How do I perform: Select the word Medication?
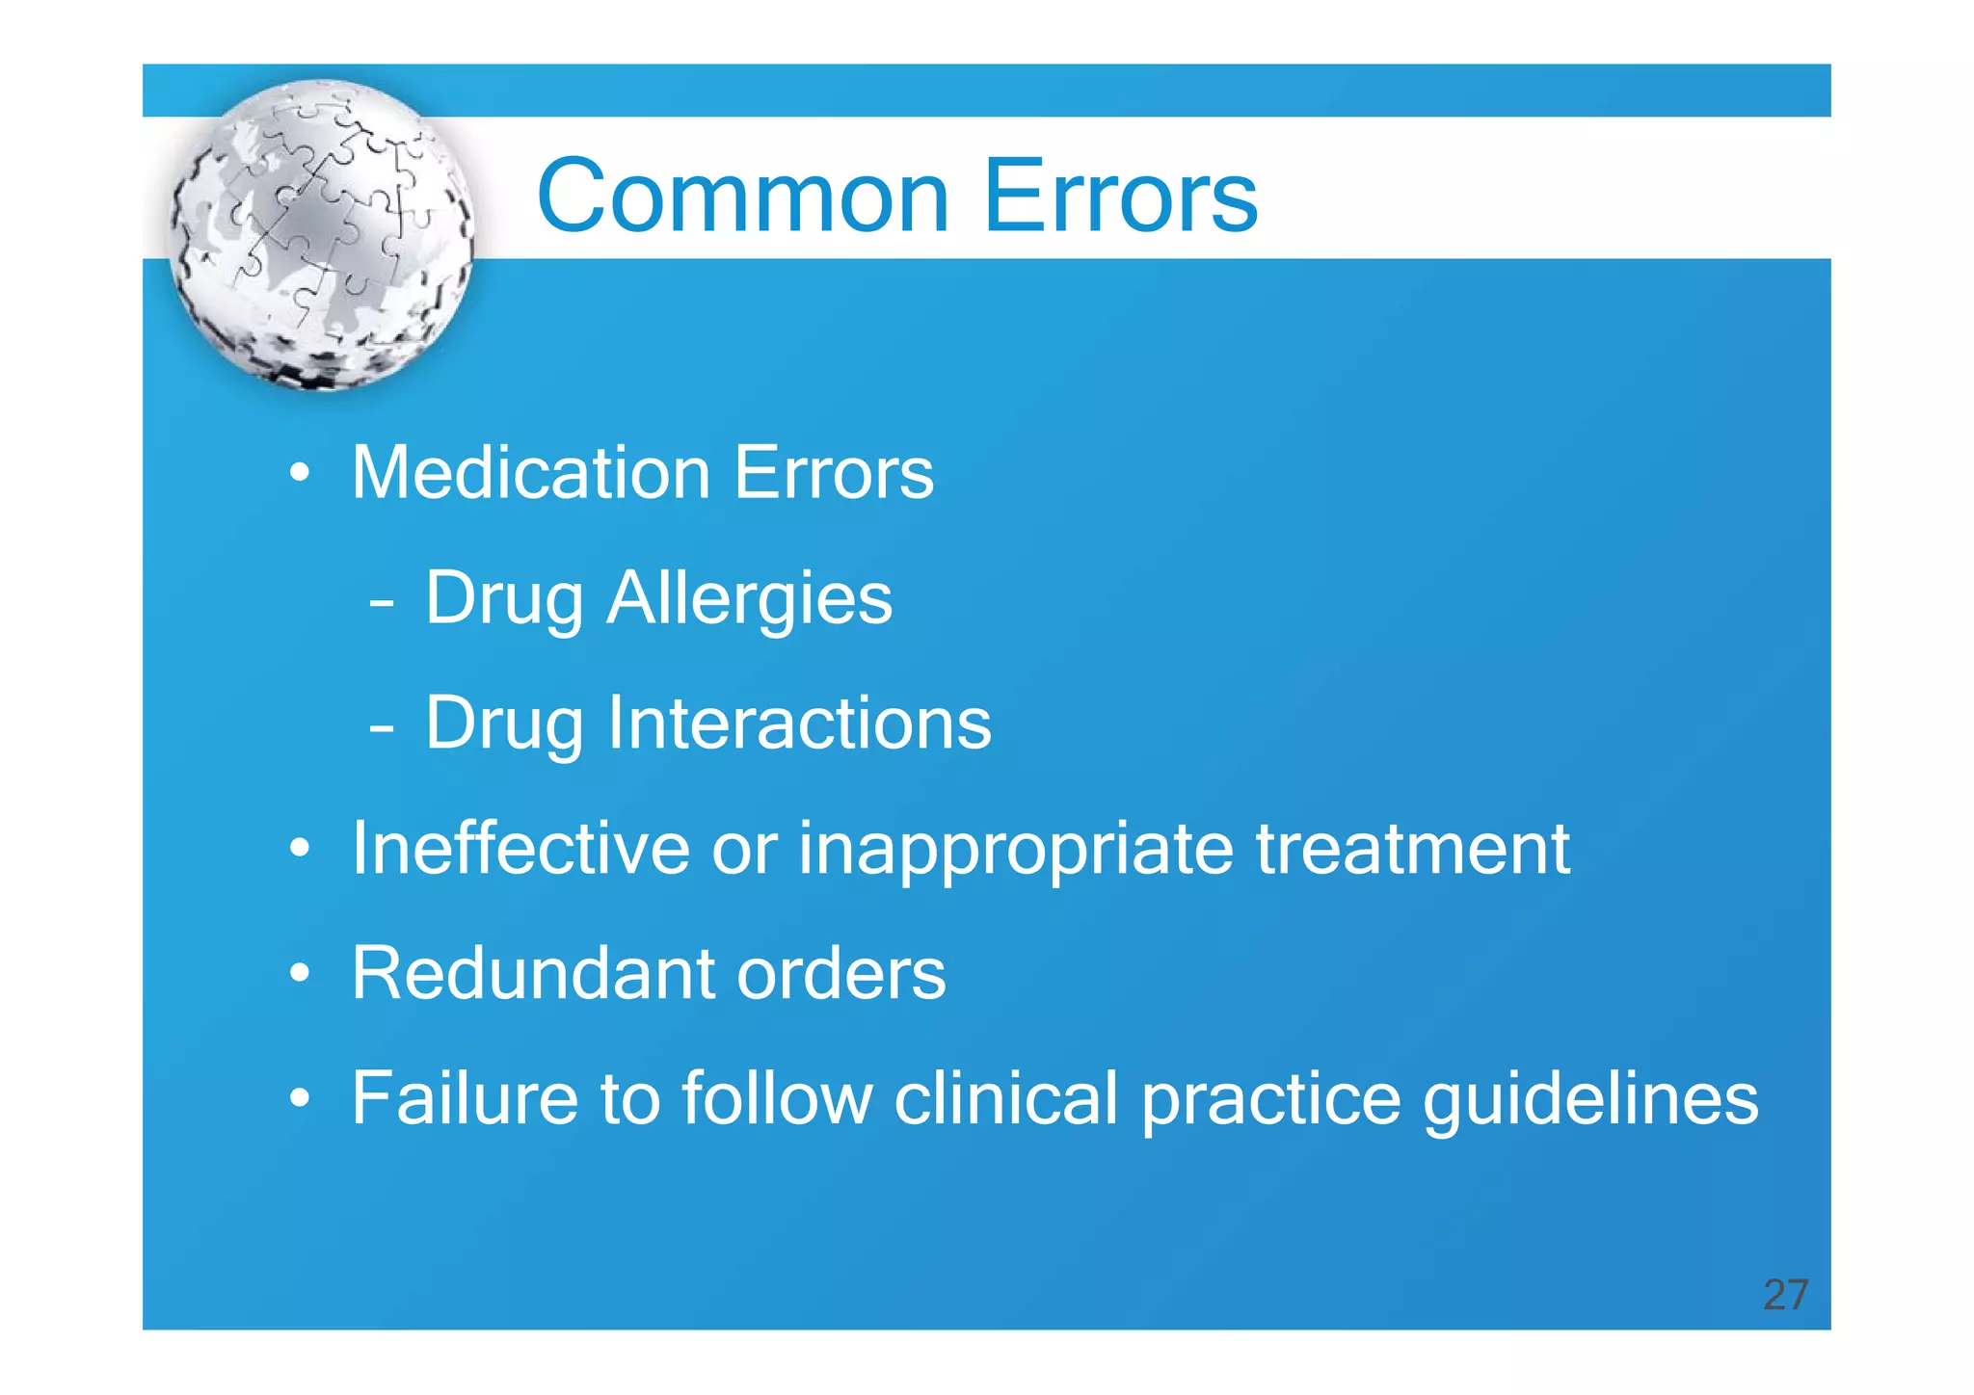[531, 473]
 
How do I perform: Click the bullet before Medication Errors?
[301, 475]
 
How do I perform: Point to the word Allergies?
[749, 598]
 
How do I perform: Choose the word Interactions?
[799, 724]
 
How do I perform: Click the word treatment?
[1412, 849]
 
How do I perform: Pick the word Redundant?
[532, 974]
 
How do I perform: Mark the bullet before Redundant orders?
[301, 975]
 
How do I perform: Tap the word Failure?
[465, 1098]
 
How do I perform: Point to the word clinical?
[1004, 1098]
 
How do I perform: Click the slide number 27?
[1785, 1295]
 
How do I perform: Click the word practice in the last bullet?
[1270, 1100]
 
